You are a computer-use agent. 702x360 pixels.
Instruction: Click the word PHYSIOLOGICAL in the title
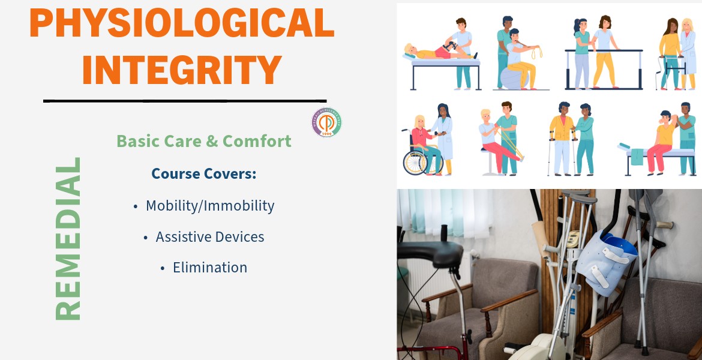(181, 23)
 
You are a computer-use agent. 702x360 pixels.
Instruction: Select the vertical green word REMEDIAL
(68, 238)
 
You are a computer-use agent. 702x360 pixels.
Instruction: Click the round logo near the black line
(326, 123)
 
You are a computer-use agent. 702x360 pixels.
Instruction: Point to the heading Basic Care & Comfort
(203, 141)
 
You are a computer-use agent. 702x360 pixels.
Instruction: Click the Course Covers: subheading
(203, 173)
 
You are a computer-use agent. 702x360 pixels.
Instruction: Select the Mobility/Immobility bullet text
(209, 206)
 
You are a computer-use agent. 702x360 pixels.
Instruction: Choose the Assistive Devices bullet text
(209, 237)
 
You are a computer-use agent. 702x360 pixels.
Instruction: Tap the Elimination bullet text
(209, 268)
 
